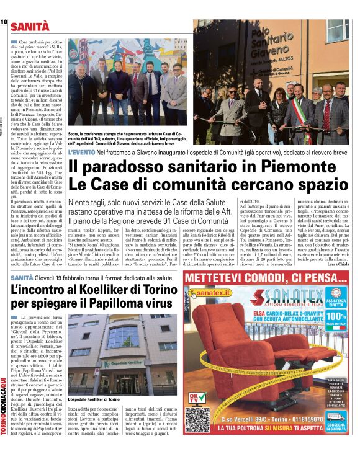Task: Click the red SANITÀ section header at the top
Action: (x=30, y=26)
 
